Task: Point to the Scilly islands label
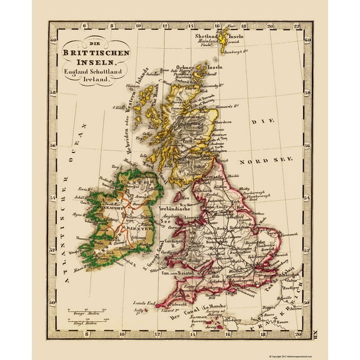139,309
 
